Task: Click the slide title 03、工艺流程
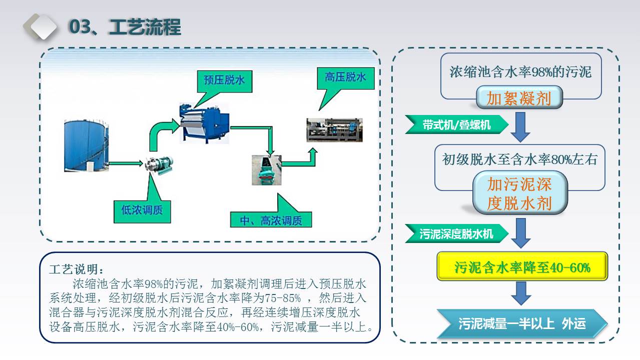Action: [x=125, y=27]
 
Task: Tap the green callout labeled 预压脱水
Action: [x=225, y=81]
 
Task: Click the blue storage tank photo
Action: [x=86, y=145]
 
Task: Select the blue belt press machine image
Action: [x=204, y=123]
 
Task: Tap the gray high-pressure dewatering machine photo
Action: [x=335, y=130]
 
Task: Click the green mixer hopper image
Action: [x=267, y=170]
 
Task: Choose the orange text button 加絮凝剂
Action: [x=519, y=97]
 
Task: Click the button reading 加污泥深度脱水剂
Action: [x=520, y=193]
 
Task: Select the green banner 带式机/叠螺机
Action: [x=456, y=124]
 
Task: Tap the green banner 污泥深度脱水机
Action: [x=456, y=233]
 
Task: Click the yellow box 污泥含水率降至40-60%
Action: [x=522, y=266]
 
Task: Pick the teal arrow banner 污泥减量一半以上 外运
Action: [x=522, y=323]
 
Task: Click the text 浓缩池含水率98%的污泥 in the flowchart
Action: [x=520, y=71]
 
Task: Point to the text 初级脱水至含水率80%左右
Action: [x=520, y=159]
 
